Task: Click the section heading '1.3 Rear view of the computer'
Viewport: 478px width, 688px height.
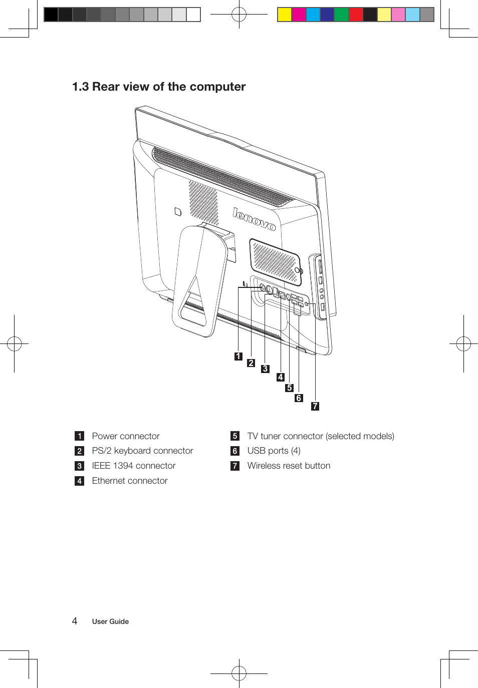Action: (159, 87)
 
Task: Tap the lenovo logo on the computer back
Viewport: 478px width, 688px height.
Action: (254, 219)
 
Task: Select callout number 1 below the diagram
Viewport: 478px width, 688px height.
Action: (238, 357)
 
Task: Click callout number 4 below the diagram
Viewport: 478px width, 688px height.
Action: (281, 377)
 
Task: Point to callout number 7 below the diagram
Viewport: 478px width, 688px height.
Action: (315, 406)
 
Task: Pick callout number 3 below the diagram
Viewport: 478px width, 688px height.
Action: (265, 369)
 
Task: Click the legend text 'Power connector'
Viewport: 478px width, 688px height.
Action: (126, 436)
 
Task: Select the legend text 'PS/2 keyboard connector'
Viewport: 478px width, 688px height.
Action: (142, 451)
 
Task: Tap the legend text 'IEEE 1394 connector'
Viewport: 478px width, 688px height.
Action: (134, 466)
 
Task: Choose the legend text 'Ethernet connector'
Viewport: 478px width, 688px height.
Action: (130, 481)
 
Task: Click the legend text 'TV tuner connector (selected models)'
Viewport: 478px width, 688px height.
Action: (321, 436)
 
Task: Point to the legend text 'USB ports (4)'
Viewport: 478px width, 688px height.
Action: (274, 451)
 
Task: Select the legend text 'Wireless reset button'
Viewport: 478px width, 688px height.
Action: (289, 466)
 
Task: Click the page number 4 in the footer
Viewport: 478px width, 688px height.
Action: (75, 621)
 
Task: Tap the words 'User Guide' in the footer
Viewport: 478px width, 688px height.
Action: (110, 621)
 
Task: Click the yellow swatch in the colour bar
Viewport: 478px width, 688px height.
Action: (285, 15)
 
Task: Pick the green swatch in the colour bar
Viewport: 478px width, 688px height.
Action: (341, 15)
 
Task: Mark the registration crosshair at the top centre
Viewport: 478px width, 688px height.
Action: (239, 15)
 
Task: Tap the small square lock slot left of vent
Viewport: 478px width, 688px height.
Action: (177, 212)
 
